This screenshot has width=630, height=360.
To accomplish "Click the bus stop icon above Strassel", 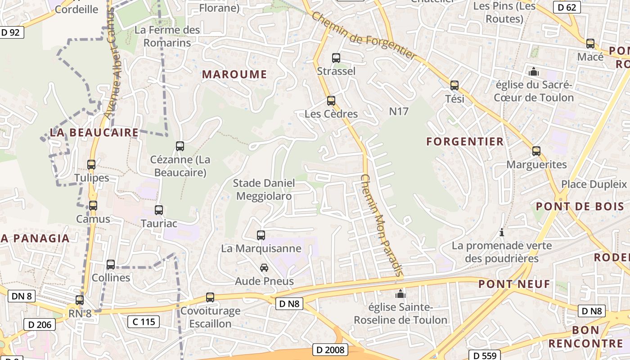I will pos(336,58).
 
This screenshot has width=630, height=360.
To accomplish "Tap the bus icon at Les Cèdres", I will pos(331,101).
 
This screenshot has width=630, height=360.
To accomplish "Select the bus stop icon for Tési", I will pos(454,85).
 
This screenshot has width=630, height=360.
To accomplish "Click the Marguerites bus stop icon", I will pos(536,151).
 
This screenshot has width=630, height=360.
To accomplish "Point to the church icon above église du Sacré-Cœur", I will pos(534,72).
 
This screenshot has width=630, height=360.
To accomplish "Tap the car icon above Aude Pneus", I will pos(264,268).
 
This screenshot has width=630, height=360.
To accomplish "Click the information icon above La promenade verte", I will pos(502,233).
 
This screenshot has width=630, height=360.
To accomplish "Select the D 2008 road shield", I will pos(330,350).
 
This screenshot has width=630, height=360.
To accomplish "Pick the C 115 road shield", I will pos(144,321).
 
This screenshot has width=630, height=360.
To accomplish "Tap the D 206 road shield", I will pos(39,324).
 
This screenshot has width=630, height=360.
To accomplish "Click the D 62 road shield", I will pos(567,7).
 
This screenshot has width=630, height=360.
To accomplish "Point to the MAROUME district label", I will pos(234,75).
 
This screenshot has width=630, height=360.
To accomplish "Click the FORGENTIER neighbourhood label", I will pos(465,142).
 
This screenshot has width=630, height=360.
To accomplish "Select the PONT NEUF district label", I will pos(514,284).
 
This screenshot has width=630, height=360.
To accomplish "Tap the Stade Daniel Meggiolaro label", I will pos(264,189).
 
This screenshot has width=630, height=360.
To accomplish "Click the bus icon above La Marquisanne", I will pos(261,235).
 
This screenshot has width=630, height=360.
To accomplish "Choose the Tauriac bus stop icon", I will pos(159,210).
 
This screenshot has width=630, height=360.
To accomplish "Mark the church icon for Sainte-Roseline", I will pos(400,295).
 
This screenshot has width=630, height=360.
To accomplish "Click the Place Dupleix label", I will pos(594,184).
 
